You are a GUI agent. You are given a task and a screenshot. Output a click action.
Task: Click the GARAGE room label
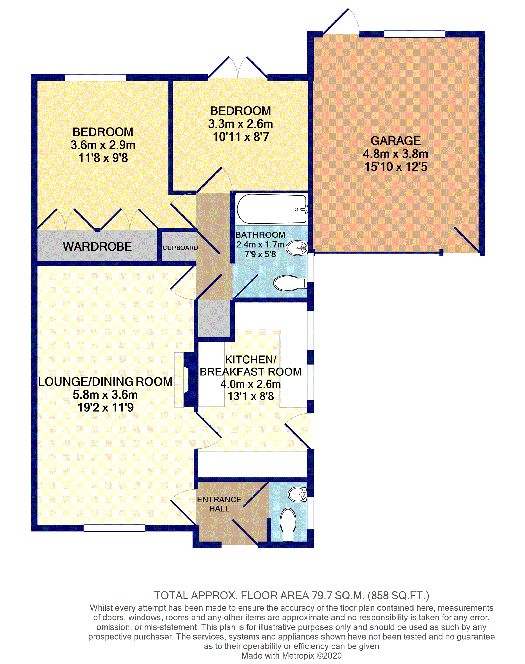tap(395, 141)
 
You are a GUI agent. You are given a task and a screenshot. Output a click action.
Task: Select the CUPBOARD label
tap(180, 248)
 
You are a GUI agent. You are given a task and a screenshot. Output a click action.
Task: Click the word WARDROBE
tap(97, 247)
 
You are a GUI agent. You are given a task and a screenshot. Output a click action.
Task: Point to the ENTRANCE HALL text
tap(219, 504)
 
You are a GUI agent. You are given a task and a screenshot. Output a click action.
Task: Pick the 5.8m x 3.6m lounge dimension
tap(105, 395)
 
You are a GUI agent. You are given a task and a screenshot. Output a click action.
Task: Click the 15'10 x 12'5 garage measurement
tap(396, 167)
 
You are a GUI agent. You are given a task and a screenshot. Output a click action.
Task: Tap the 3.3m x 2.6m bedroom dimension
tap(240, 124)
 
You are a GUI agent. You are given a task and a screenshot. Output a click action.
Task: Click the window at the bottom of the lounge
tap(114, 528)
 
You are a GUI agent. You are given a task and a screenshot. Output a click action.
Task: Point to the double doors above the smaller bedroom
tap(237, 68)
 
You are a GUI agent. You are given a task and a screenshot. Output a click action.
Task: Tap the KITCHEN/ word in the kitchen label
tap(250, 360)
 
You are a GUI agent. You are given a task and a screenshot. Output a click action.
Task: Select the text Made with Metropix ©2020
tap(291, 656)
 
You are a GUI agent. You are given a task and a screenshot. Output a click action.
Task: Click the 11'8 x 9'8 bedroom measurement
tap(103, 158)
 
